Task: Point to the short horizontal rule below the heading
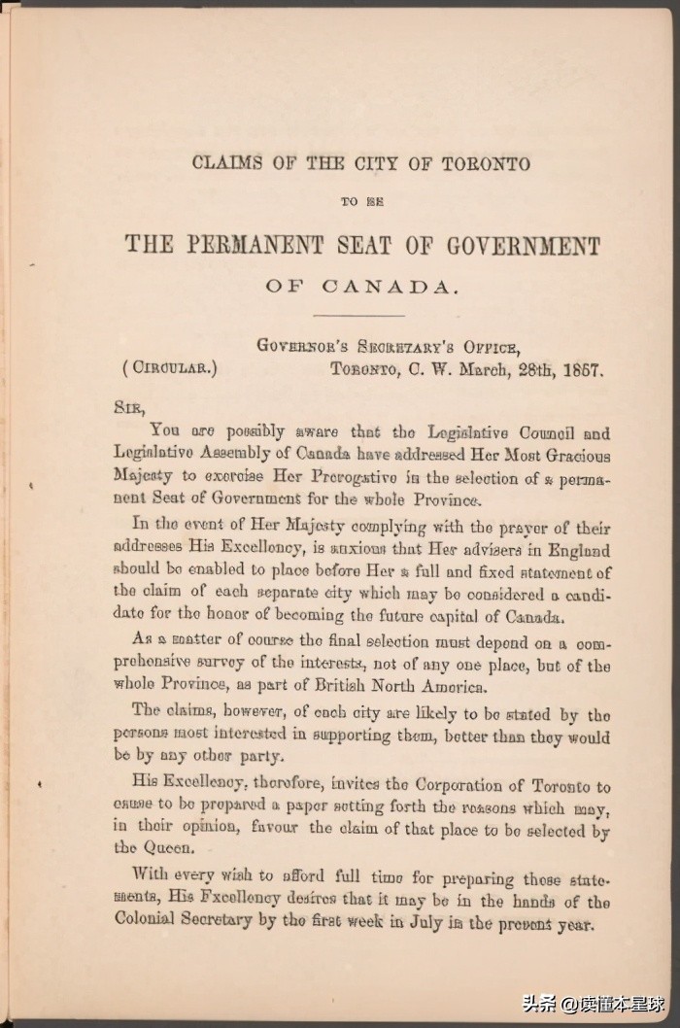pos(360,315)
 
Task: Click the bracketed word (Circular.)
pos(170,368)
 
